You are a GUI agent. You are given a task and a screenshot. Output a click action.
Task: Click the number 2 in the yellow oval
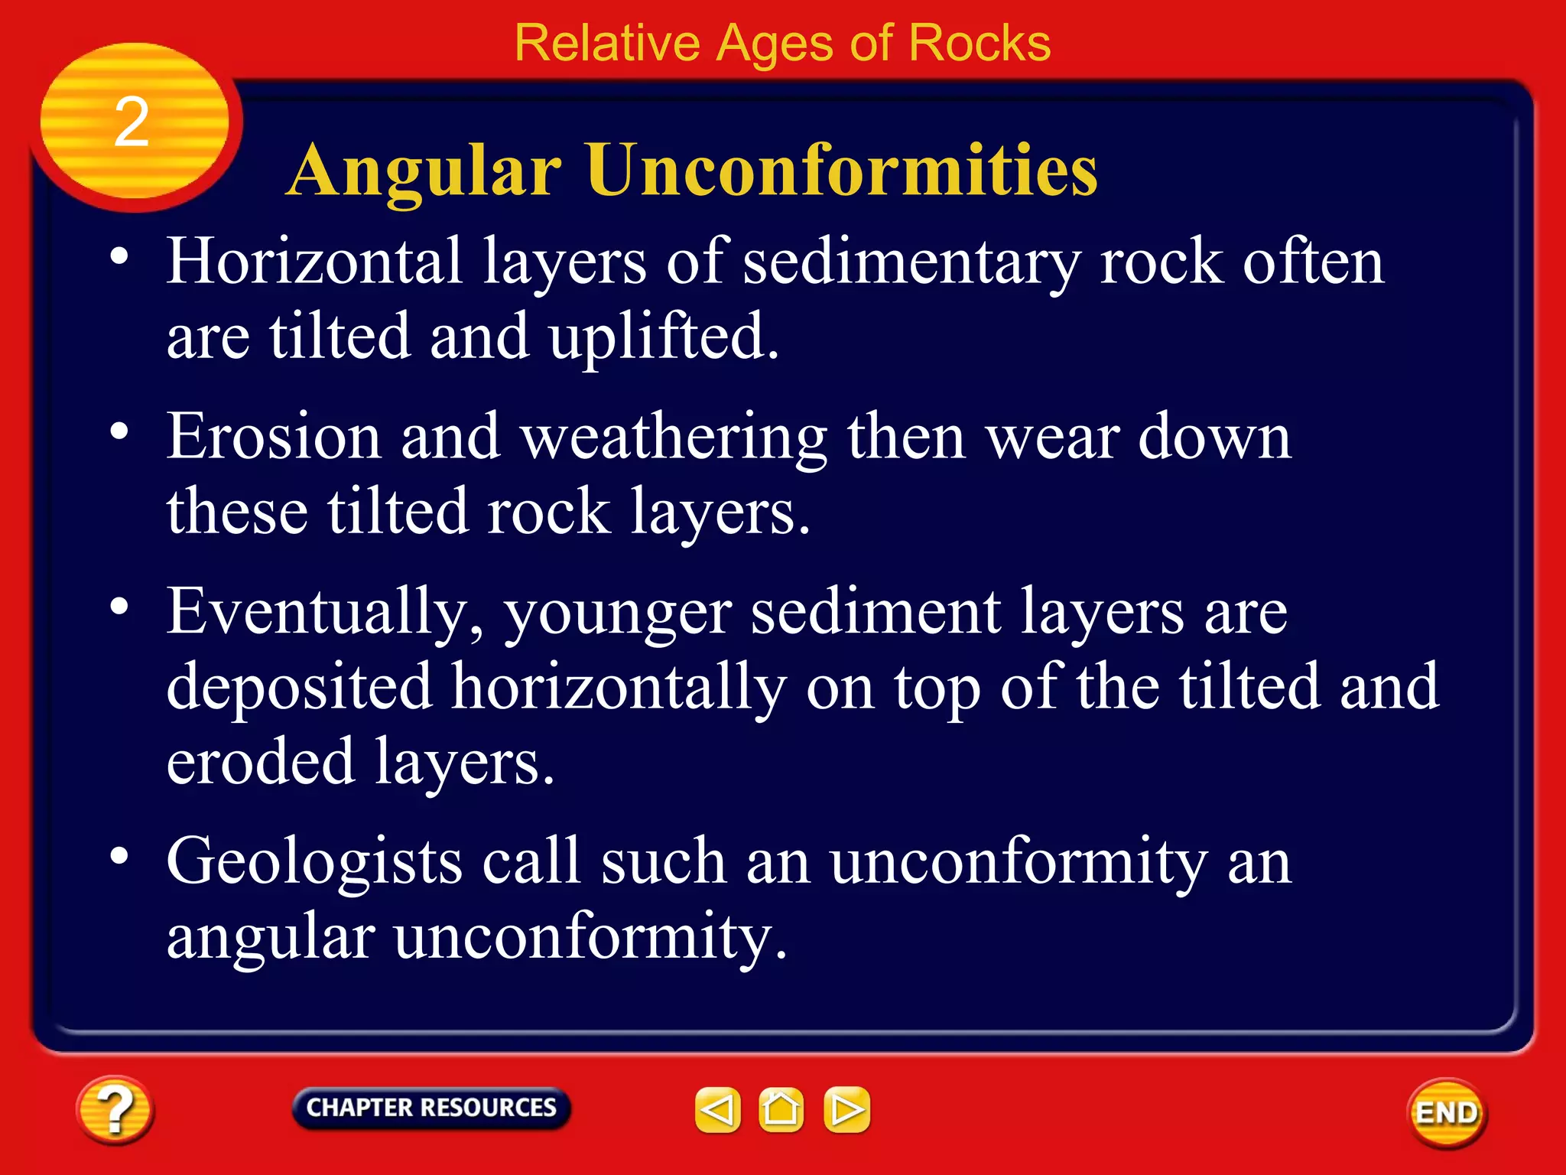tap(132, 122)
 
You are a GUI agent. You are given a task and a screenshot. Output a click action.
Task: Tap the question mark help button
tap(115, 1110)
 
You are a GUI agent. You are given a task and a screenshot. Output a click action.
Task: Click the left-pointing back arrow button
tap(717, 1109)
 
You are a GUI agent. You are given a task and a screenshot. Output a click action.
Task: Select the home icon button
tap(781, 1109)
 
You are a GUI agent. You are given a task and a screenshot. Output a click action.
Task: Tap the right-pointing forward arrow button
tap(846, 1109)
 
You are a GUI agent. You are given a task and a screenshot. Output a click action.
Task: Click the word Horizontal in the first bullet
tap(314, 262)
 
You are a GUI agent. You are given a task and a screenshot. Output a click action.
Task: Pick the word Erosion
tap(274, 437)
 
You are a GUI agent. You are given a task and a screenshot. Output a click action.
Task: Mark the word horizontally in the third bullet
tap(618, 687)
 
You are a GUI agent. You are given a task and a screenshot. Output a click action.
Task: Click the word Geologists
tap(314, 863)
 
